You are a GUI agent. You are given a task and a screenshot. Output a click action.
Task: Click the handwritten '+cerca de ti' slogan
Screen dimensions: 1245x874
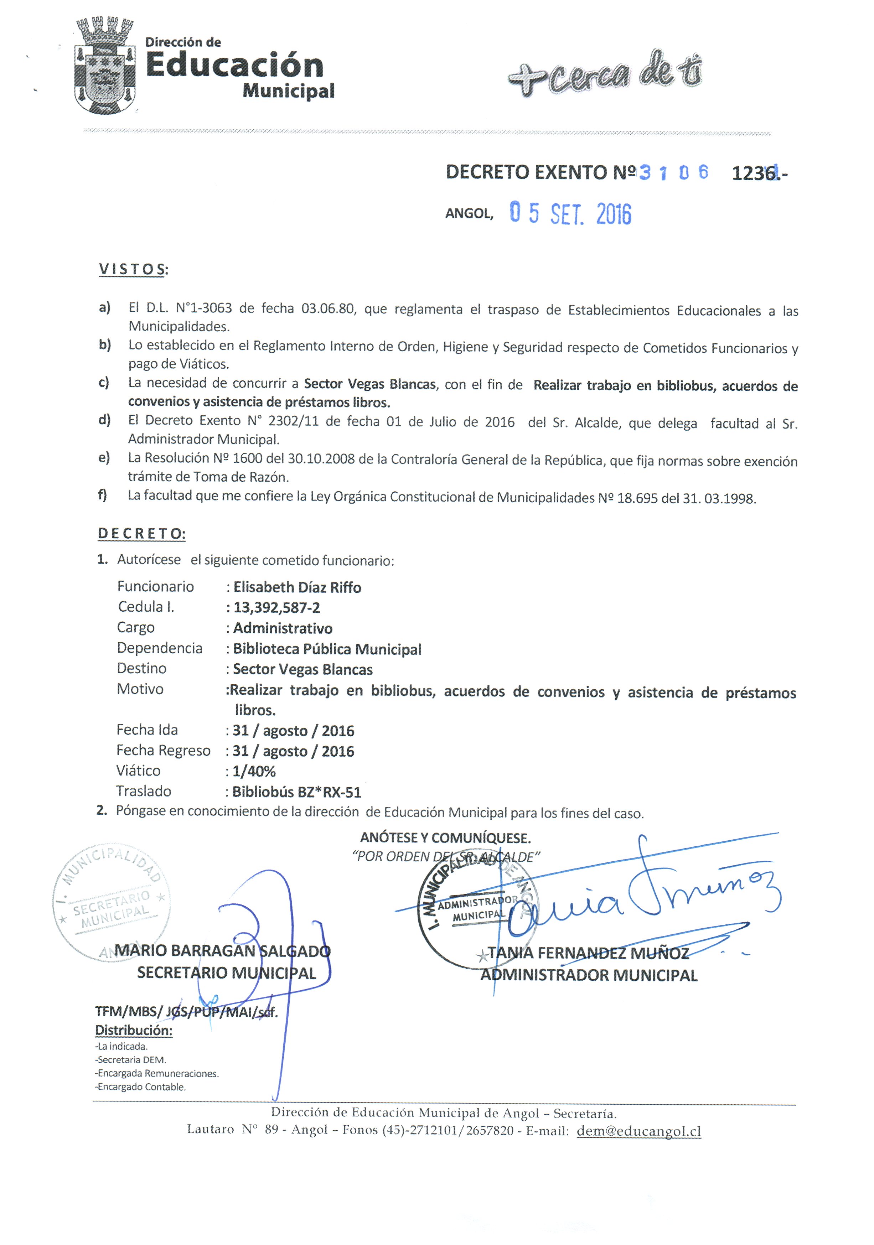[605, 73]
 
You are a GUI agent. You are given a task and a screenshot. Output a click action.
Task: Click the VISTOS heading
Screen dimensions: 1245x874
[133, 270]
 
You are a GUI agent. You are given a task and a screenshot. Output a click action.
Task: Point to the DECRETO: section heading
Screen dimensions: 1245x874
[141, 534]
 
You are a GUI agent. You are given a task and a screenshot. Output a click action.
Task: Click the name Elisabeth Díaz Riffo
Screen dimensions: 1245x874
[297, 587]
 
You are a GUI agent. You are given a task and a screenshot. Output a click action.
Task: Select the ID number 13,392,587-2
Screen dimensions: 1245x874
[277, 608]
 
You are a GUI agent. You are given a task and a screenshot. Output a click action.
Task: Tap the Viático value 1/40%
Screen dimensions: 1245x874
[254, 771]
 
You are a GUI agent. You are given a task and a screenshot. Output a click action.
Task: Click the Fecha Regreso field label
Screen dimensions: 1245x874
[163, 751]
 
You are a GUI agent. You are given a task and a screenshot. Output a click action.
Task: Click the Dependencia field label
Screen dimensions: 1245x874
[160, 648]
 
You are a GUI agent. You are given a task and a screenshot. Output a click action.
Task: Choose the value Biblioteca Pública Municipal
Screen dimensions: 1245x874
[327, 649]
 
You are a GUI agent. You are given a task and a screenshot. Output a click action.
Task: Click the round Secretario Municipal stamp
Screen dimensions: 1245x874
[111, 903]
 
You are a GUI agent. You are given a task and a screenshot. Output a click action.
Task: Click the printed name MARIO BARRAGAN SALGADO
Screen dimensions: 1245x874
[222, 950]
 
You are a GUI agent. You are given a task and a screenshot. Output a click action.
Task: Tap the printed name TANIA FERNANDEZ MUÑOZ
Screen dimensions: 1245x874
[589, 953]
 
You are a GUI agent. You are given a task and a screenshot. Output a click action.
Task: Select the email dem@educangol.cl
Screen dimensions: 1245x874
[638, 1131]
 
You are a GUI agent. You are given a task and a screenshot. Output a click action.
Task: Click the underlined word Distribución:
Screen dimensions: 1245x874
[134, 1030]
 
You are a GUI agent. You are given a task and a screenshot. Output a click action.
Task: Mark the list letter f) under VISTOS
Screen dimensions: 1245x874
[103, 495]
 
